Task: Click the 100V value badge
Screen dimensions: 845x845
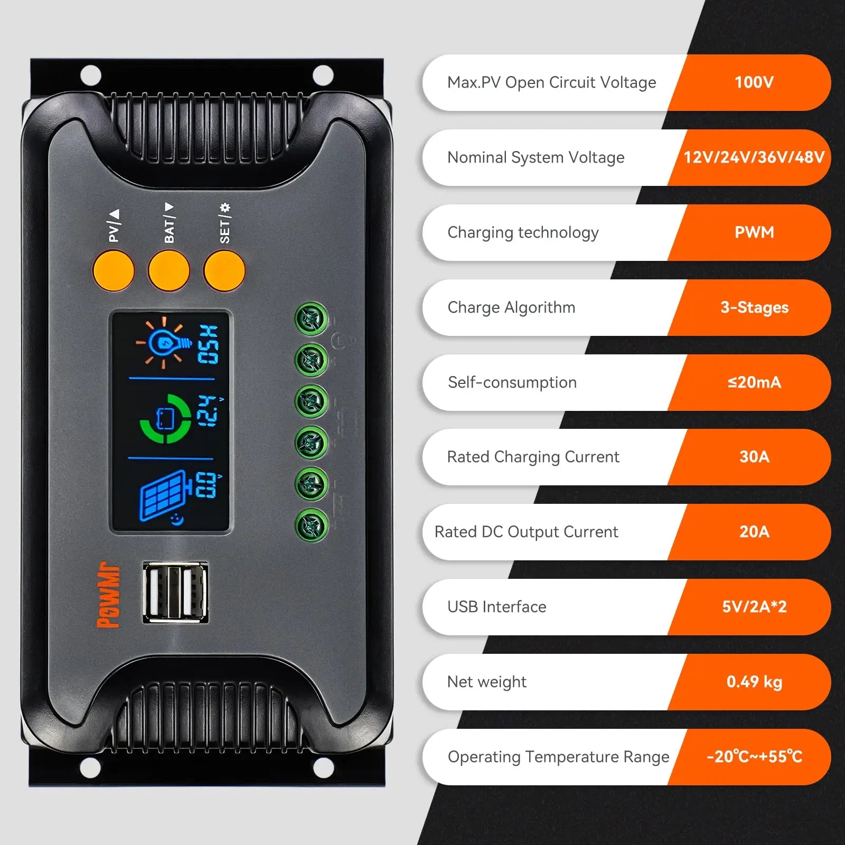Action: [754, 82]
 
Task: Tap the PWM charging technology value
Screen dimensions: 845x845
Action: [754, 232]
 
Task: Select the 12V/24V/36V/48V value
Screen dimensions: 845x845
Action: [754, 157]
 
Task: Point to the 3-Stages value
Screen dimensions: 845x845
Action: [754, 307]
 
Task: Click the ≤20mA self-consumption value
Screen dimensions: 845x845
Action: [754, 382]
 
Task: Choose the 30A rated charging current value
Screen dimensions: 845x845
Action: [754, 457]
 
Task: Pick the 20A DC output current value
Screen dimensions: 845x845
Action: [754, 532]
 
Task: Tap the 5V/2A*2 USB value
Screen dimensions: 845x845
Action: [754, 607]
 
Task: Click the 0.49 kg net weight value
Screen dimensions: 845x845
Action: [754, 682]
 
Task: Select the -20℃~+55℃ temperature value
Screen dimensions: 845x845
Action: [754, 757]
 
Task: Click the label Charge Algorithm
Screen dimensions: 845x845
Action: [511, 307]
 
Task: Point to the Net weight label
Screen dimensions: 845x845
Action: [486, 682]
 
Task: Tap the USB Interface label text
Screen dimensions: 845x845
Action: [496, 607]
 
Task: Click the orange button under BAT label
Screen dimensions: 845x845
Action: [169, 270]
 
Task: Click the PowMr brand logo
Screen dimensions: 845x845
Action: [109, 595]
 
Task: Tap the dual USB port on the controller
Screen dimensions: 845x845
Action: [175, 592]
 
